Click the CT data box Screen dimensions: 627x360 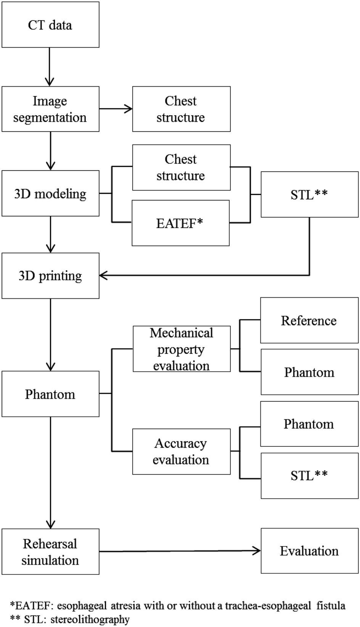(x=50, y=25)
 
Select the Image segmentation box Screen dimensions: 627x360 (x=50, y=109)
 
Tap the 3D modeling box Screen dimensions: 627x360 (x=50, y=193)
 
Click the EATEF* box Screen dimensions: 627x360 (x=180, y=223)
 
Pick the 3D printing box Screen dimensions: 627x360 (x=50, y=276)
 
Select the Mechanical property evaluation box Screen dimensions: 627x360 (x=182, y=349)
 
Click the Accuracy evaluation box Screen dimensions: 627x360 (x=182, y=451)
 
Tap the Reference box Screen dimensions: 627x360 (x=309, y=321)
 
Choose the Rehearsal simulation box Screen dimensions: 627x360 (x=50, y=551)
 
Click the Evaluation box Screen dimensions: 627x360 (x=309, y=551)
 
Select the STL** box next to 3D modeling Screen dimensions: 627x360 (x=309, y=195)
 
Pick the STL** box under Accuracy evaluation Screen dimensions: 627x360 (x=309, y=475)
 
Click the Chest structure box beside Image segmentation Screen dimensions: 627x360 (x=182, y=109)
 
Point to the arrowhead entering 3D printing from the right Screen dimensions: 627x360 (x=103, y=276)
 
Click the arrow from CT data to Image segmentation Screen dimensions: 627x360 (x=50, y=67)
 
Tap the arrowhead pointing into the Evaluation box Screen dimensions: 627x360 (x=257, y=551)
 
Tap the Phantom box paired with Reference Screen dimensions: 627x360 (x=309, y=372)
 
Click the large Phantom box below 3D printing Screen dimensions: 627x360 (x=50, y=394)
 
